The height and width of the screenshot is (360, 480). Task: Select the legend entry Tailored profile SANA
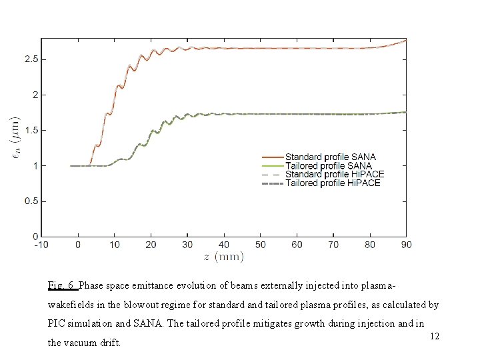(x=328, y=166)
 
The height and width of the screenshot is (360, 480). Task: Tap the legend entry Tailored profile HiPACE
(x=333, y=183)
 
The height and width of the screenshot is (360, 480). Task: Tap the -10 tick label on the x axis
(x=41, y=245)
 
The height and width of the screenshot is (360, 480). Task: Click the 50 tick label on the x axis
(x=260, y=245)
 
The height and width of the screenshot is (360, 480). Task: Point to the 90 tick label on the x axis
(x=405, y=245)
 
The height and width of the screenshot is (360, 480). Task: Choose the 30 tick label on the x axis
(x=187, y=245)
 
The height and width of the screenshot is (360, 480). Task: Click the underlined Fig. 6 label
(x=63, y=286)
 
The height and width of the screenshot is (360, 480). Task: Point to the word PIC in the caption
(x=58, y=325)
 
